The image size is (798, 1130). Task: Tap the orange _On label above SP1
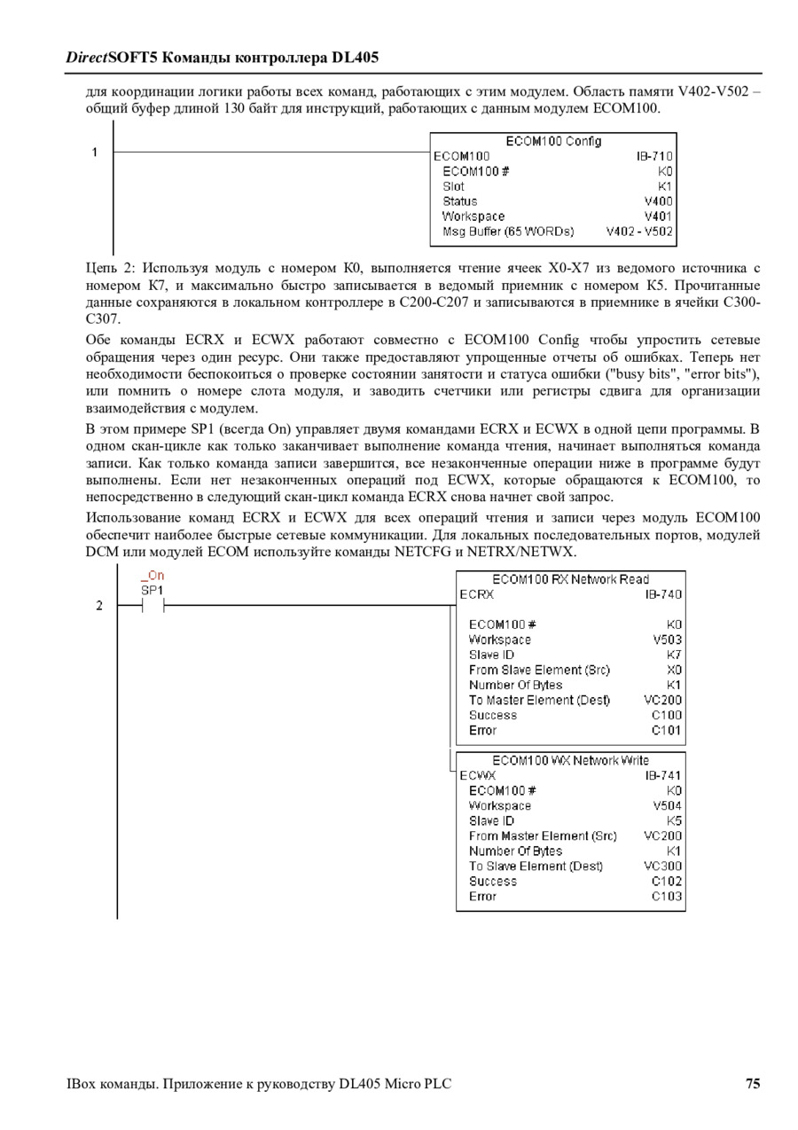point(153,576)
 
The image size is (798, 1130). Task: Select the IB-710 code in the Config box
point(654,156)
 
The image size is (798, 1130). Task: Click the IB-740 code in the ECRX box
point(663,594)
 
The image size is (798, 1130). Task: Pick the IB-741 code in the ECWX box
point(663,775)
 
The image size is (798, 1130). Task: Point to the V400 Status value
point(659,201)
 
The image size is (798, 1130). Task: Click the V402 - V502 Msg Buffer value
point(639,231)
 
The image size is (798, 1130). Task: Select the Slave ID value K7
point(674,655)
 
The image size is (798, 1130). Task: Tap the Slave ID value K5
point(674,820)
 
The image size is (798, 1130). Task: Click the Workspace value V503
point(667,640)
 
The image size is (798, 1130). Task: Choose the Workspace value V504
point(667,805)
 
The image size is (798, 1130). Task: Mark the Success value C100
point(667,715)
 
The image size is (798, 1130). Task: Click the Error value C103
point(667,896)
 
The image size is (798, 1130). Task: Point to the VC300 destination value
point(663,866)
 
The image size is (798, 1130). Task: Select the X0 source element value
point(674,670)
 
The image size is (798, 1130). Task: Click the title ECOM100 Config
point(553,141)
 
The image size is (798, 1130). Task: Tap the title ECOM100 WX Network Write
point(570,760)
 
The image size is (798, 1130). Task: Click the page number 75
point(752,1083)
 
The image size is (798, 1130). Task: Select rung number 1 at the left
point(95,153)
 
